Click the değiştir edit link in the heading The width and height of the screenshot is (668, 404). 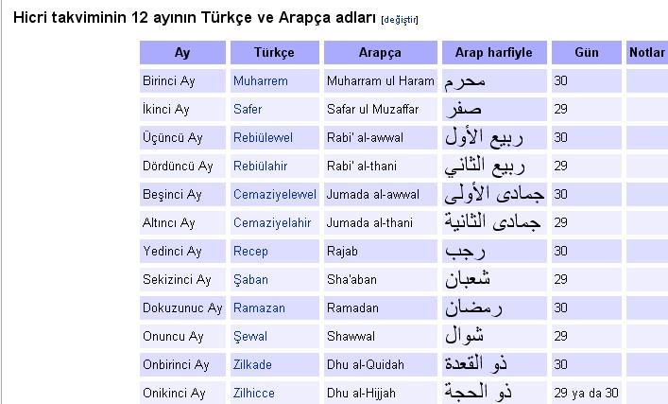click(400, 20)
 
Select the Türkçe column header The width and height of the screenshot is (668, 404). click(274, 52)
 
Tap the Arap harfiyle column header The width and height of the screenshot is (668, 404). click(494, 52)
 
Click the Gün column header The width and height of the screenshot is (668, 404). click(587, 52)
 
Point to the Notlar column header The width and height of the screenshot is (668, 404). click(647, 52)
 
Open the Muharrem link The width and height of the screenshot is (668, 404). click(260, 81)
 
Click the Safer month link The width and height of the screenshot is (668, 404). click(248, 109)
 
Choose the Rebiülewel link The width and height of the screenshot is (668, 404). click(263, 138)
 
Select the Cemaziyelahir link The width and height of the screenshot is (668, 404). click(272, 222)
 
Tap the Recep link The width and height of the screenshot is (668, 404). click(250, 252)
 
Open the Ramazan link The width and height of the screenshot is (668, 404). click(259, 308)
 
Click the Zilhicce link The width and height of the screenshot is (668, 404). click(254, 393)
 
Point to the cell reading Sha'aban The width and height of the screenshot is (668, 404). click(351, 279)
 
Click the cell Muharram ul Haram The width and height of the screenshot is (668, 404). click(381, 81)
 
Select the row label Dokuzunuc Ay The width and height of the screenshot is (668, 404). click(182, 308)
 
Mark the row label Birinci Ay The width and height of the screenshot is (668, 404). click(169, 81)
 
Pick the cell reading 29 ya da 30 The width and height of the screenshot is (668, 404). click(586, 393)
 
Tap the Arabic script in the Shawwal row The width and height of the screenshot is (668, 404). click(464, 335)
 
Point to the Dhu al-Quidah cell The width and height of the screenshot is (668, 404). click(366, 365)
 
